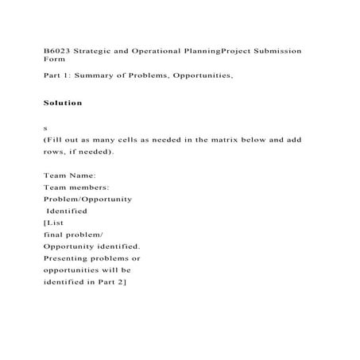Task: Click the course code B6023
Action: click(x=56, y=50)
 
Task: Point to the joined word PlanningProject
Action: click(x=219, y=50)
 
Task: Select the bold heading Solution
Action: click(x=62, y=103)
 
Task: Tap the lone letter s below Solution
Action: click(x=45, y=128)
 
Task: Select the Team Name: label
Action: click(x=69, y=175)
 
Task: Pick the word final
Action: click(x=53, y=235)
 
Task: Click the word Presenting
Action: click(x=71, y=259)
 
